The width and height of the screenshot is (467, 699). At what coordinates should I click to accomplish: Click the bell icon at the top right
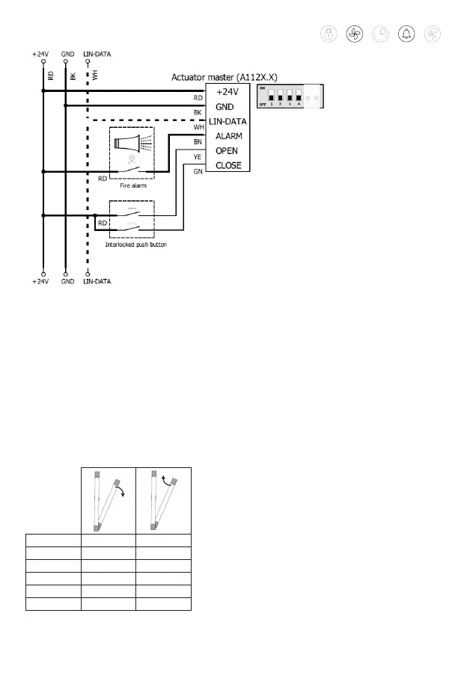coord(406,34)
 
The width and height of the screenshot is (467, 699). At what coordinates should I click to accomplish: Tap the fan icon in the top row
coord(355,34)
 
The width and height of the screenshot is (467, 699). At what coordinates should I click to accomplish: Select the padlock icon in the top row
coord(329,34)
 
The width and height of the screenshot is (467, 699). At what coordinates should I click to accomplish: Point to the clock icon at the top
coord(380,34)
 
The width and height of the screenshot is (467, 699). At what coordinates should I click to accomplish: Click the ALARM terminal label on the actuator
coord(229,135)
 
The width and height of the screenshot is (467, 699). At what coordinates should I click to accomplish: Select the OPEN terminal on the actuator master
coord(228,150)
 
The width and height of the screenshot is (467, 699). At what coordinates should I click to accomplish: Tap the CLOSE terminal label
coord(228,165)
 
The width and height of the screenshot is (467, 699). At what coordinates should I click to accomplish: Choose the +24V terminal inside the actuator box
coord(228,91)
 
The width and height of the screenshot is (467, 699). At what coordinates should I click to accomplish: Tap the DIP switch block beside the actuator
coord(290,96)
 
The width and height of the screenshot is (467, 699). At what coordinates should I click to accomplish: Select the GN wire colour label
coord(198,171)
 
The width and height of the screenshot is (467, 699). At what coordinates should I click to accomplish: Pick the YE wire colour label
coord(198,156)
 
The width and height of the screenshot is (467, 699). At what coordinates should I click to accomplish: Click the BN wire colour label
coord(198,141)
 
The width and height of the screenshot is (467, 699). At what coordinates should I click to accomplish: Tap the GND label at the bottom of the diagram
coord(69,281)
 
